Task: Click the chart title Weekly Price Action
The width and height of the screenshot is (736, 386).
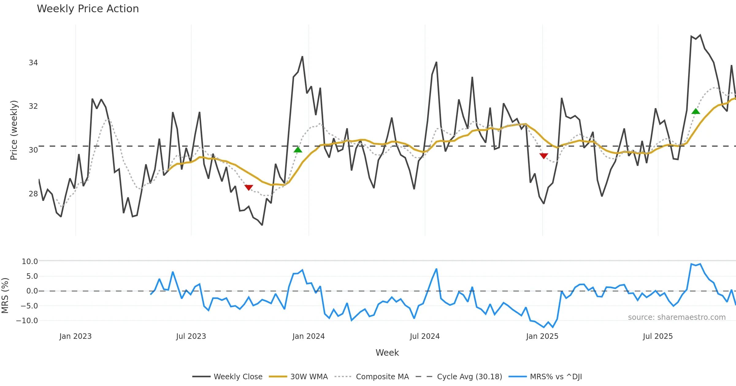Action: coord(88,9)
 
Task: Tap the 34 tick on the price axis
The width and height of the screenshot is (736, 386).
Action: coord(33,63)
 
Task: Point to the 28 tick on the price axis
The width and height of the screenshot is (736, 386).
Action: coord(33,194)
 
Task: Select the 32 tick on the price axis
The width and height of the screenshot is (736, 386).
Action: coord(33,106)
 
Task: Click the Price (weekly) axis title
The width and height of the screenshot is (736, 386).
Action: coord(14,130)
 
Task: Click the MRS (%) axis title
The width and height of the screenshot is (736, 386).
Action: coord(5,296)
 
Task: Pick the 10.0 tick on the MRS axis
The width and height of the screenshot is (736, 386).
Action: coord(29,262)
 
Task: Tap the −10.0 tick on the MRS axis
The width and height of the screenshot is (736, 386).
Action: coord(27,321)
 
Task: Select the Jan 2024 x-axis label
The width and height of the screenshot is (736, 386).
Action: coord(309,336)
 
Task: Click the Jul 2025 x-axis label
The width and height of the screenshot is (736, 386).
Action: coord(658,336)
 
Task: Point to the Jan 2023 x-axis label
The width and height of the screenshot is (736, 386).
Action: coord(75,336)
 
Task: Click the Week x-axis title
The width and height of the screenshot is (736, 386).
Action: coord(387,353)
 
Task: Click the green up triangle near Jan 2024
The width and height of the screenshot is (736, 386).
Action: coord(298,150)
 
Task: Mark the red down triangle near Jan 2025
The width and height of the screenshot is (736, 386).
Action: coord(544,156)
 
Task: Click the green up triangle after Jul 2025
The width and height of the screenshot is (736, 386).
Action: coord(696,111)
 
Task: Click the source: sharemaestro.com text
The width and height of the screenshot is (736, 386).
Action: coord(677,317)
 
